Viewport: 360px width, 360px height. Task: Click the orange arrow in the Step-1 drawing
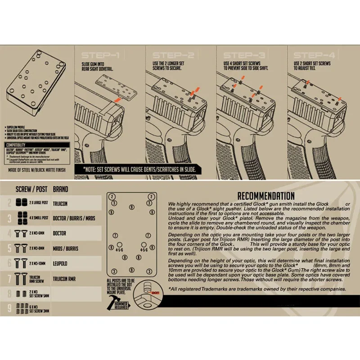point(117,97)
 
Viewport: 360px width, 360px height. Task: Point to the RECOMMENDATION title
point(265,196)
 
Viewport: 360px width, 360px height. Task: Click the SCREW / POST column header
point(30,189)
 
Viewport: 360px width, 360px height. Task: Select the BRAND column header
point(61,189)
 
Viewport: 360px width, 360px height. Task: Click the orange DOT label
point(156,292)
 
